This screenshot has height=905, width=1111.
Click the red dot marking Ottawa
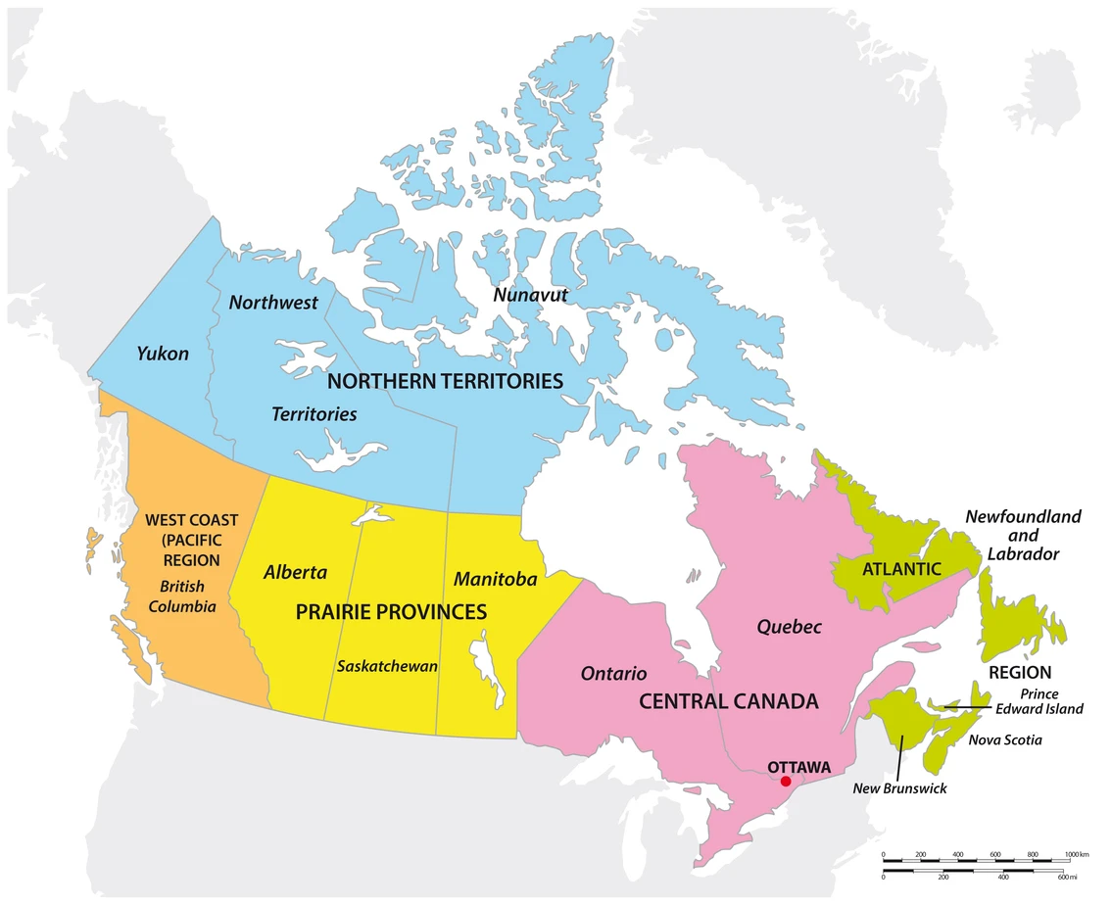coord(785,781)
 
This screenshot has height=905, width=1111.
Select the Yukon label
coord(163,354)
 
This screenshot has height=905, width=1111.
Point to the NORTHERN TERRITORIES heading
coord(445,381)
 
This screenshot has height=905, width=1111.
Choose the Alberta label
coord(295,573)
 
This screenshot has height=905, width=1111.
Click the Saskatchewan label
coord(387,666)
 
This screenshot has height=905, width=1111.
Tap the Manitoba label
coord(495,580)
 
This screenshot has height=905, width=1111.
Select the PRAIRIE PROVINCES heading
coord(391,612)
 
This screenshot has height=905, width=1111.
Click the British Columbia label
coord(182,596)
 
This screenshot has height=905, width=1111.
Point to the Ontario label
coord(613,674)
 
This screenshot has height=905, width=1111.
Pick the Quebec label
coord(789,627)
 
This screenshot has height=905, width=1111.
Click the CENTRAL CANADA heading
coord(728,702)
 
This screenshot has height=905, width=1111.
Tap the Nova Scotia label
coord(1005,740)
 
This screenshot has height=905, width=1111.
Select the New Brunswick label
coord(899,787)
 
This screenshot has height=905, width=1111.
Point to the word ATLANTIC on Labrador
coord(901,568)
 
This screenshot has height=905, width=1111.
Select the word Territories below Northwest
coord(314,414)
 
